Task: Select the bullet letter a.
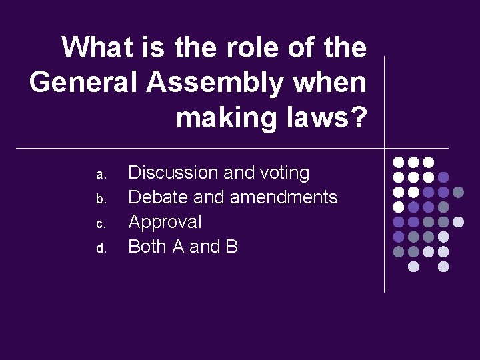tap(101, 175)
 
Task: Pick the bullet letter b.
tap(101, 199)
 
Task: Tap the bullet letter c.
tap(101, 224)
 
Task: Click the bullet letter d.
tap(101, 249)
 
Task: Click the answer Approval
tap(165, 222)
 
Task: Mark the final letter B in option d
tap(231, 247)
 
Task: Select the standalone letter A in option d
tap(178, 247)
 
